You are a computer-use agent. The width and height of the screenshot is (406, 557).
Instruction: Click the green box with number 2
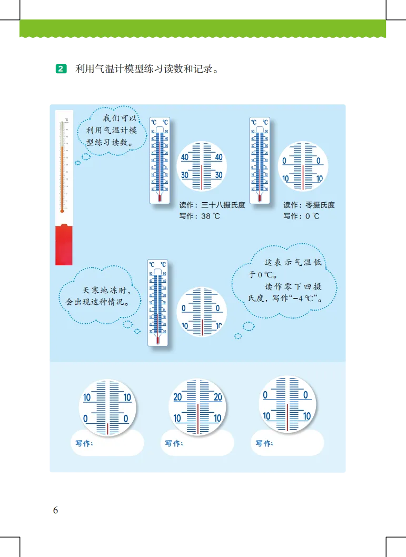(61, 69)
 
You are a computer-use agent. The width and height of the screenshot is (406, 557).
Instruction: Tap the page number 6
(55, 510)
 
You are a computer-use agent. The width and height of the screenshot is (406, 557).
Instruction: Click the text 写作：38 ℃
(200, 216)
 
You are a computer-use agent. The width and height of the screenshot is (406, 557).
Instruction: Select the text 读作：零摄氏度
(309, 205)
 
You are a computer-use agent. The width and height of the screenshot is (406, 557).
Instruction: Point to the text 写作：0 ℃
(301, 216)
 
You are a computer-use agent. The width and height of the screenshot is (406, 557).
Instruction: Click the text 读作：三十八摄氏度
(212, 205)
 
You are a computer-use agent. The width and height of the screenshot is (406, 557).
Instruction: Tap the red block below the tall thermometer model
(64, 244)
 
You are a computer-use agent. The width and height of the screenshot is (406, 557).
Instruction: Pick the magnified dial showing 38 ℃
(202, 166)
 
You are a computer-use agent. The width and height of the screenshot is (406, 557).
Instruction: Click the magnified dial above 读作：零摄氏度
(303, 166)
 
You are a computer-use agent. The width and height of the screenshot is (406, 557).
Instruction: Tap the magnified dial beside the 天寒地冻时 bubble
(202, 312)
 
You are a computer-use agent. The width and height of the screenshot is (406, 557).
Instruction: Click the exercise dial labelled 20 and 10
(197, 407)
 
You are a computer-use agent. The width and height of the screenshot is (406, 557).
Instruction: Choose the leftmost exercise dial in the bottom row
(107, 407)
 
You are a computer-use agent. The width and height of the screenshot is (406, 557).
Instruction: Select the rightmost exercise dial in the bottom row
(287, 404)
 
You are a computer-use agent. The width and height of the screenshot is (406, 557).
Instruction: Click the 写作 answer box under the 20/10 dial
(197, 443)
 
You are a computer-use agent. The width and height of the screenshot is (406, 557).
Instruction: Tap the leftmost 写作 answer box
(107, 443)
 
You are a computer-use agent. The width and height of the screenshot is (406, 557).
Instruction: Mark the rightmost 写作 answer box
(288, 443)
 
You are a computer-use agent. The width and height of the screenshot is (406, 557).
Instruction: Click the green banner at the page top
(202, 28)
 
